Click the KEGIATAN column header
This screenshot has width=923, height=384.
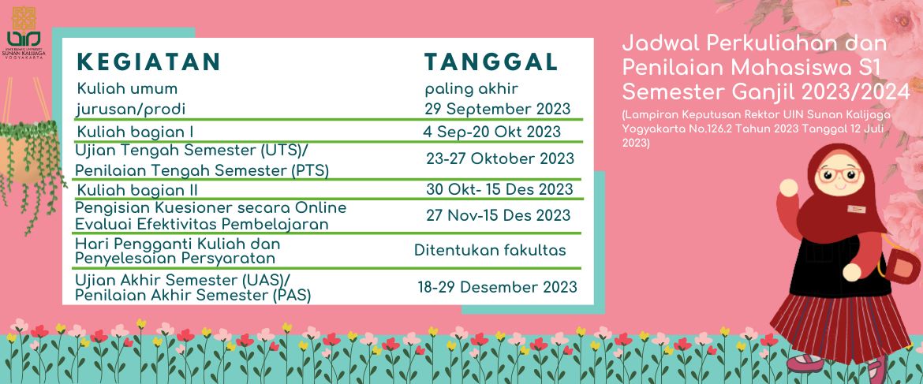(148, 62)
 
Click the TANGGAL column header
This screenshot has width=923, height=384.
(491, 62)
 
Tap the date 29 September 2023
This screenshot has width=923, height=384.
(498, 109)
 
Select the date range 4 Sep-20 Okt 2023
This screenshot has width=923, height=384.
(491, 132)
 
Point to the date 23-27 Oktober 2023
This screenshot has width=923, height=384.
(500, 158)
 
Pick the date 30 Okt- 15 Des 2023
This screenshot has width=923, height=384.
(499, 189)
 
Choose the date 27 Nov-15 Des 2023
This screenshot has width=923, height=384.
(499, 215)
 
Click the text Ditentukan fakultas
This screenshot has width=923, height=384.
(491, 251)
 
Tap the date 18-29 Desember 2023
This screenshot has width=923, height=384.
(498, 288)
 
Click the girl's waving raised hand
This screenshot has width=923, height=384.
(788, 188)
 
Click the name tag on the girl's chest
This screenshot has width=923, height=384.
(857, 209)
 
